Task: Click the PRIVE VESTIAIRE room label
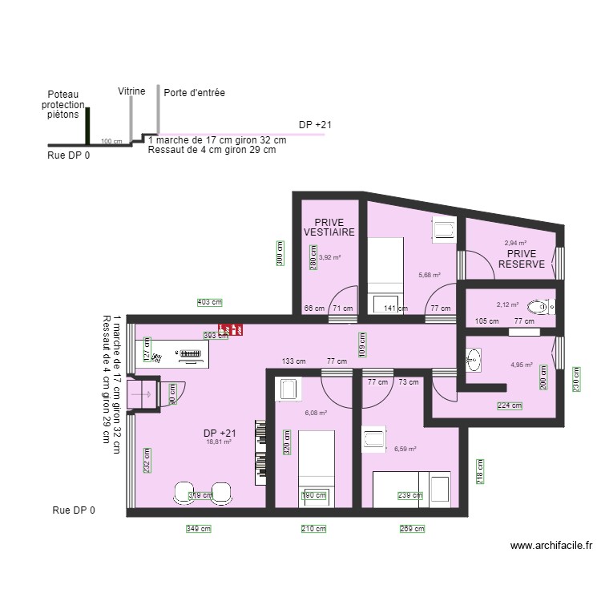[329, 227]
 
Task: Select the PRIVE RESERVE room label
[521, 258]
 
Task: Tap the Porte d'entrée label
[194, 93]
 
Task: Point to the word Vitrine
[131, 91]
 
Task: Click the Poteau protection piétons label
[63, 105]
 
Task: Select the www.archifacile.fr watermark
[551, 546]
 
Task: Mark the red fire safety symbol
[232, 329]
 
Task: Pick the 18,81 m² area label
[219, 442]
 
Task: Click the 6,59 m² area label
[405, 450]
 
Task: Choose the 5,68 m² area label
[430, 275]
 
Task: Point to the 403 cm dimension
[209, 302]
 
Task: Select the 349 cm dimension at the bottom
[199, 529]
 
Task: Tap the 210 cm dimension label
[314, 529]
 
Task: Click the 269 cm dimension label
[412, 529]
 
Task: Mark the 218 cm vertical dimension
[480, 471]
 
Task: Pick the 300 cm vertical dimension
[280, 253]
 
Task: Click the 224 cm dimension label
[510, 405]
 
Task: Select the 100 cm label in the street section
[111, 142]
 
